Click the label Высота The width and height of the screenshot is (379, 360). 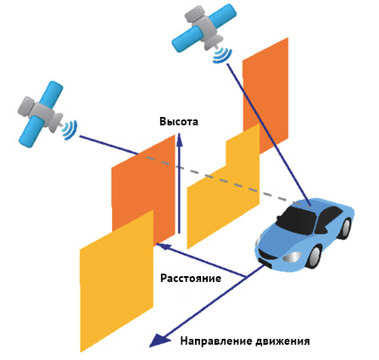179,121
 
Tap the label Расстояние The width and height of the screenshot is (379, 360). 191,278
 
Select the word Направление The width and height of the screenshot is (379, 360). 216,341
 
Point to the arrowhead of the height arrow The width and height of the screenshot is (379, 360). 179,139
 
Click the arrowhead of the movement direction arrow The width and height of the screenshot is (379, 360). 159,340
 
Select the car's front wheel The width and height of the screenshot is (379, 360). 314,257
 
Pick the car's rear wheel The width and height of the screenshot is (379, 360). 346,229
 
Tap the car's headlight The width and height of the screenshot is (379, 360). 292,256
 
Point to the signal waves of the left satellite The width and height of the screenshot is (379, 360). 70,130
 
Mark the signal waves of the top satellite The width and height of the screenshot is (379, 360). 223,56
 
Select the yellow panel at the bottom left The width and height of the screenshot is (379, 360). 117,281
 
